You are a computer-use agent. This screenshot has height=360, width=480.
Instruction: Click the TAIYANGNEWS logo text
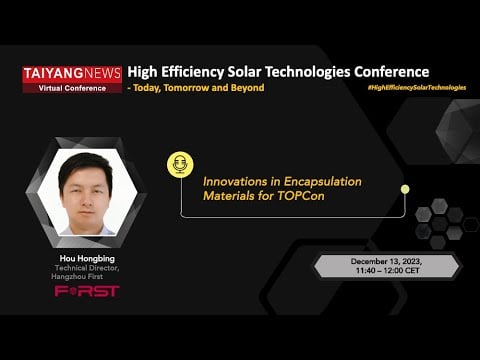pyautogui.click(x=72, y=73)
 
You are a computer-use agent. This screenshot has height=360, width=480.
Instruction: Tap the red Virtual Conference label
pyautogui.click(x=72, y=86)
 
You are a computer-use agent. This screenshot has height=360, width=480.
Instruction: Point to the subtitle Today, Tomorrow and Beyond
pyautogui.click(x=199, y=88)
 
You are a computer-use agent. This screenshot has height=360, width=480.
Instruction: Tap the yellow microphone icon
pyautogui.click(x=180, y=165)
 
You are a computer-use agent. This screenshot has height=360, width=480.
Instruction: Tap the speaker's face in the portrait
pyautogui.click(x=84, y=189)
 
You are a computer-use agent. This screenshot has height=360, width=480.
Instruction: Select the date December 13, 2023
pyautogui.click(x=386, y=261)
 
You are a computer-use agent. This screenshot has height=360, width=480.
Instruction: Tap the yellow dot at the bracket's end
pyautogui.click(x=404, y=188)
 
